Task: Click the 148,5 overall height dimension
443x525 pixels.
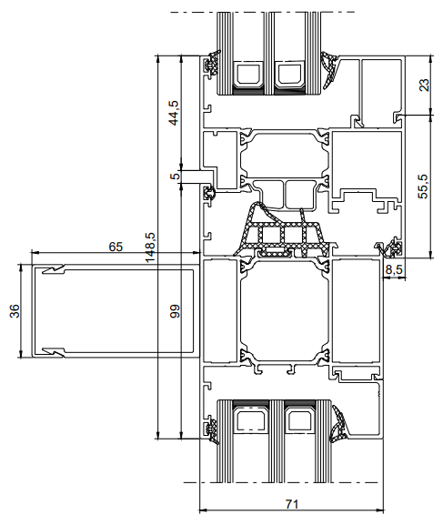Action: pos(150,247)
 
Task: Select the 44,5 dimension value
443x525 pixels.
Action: pos(174,113)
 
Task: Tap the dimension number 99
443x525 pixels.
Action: pos(175,310)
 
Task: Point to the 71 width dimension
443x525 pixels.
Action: pos(292,503)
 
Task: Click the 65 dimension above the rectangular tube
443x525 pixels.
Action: pos(116,247)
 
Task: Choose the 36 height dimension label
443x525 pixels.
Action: pos(15,310)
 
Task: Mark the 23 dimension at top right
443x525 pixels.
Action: pos(424,85)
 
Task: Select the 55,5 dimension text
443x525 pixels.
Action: pos(424,187)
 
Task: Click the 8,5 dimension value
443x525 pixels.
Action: pos(394,269)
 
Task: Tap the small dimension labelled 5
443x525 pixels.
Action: pos(175,175)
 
